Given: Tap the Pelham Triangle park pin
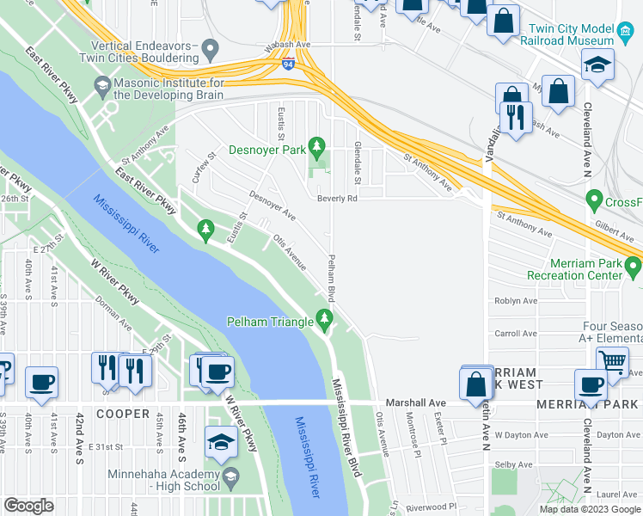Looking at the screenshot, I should click(x=324, y=322).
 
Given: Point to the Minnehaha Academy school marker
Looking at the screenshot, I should click(x=230, y=476).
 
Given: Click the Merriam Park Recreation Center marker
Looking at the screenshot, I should click(x=633, y=268).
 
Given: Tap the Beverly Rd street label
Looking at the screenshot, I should click(x=336, y=198).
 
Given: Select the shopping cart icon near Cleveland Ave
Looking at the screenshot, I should click(x=612, y=361).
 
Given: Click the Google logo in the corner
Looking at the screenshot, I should click(x=29, y=506).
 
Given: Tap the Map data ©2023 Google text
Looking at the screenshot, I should click(x=589, y=509).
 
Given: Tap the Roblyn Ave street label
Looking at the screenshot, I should click(x=516, y=302).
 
